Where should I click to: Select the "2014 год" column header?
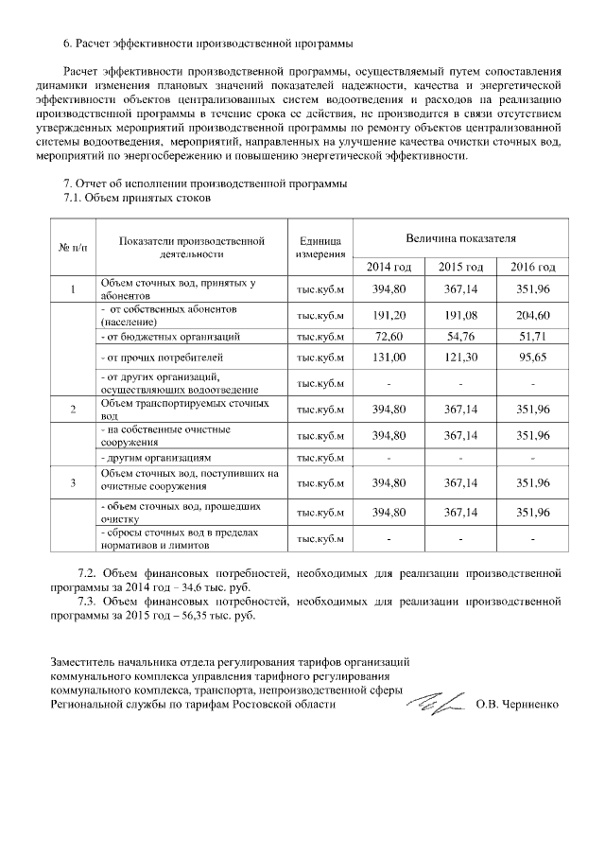[389, 267]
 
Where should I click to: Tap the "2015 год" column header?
[460, 267]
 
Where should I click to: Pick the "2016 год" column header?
[532, 267]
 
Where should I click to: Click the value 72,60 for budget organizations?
[389, 336]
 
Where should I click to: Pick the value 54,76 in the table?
[460, 336]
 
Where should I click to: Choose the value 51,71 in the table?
[532, 336]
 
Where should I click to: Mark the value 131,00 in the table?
[389, 358]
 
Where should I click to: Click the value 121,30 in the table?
[460, 358]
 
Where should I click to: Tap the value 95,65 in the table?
[532, 358]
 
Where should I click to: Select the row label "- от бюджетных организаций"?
[163, 336]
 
